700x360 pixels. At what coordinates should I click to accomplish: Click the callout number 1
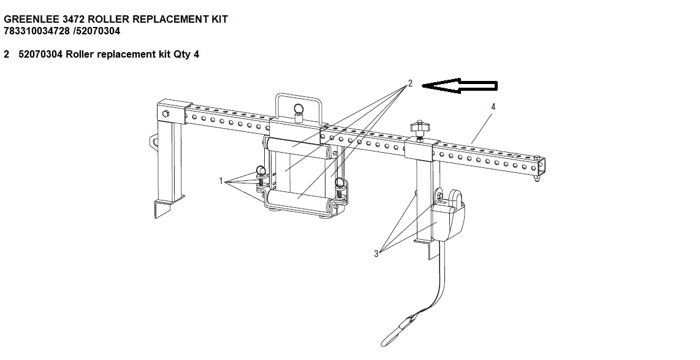click(x=221, y=181)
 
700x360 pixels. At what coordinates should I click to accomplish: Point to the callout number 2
click(x=410, y=83)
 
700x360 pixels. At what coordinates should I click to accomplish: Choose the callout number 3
click(x=376, y=254)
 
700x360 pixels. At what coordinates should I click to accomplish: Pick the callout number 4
click(x=493, y=107)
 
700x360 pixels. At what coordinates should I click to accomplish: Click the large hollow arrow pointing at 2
click(x=459, y=85)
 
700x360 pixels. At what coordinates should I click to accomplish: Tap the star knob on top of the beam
click(x=419, y=128)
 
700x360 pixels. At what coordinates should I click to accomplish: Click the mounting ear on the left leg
click(x=154, y=142)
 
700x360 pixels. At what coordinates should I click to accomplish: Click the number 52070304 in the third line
click(x=40, y=55)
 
